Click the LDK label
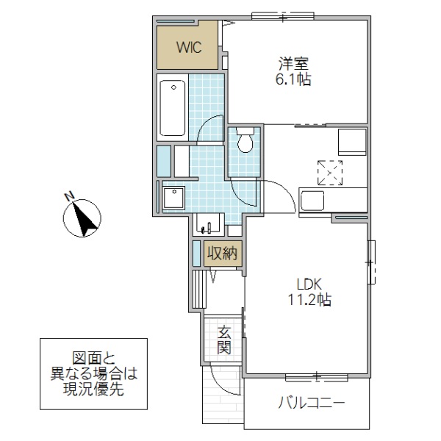pos(309,284)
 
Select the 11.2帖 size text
pos(309,300)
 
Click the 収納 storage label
pos(221,254)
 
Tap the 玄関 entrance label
pos(224,340)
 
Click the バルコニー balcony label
pos(312,403)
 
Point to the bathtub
pos(172,108)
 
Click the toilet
pos(244,140)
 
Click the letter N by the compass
pos(68,196)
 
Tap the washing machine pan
pos(174,197)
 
